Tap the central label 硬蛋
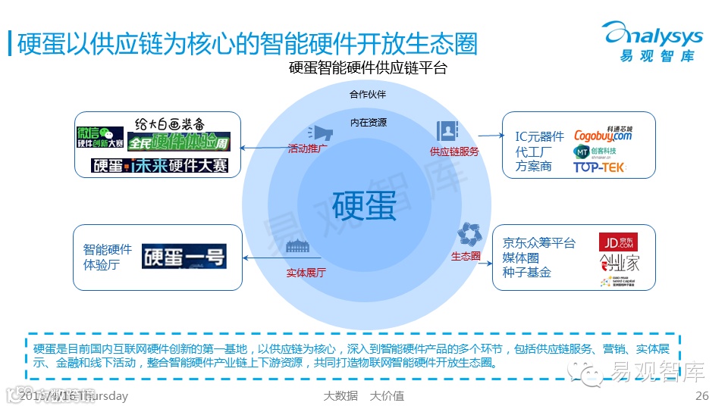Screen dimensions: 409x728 click(x=364, y=205)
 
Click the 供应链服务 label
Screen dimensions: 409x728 click(x=454, y=151)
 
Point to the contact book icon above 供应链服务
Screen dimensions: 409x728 click(x=447, y=131)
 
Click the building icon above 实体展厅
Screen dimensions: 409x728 click(x=298, y=247)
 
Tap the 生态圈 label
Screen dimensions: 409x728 click(x=466, y=256)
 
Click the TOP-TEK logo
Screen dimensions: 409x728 click(x=599, y=167)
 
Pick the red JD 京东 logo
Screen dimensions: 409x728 click(x=618, y=242)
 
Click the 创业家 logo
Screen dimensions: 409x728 click(x=619, y=263)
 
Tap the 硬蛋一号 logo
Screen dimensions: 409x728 click(x=184, y=256)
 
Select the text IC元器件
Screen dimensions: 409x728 click(x=540, y=136)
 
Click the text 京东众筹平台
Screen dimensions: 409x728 click(x=538, y=243)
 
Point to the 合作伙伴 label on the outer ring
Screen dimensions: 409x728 click(x=368, y=95)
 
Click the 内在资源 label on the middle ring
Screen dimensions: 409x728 click(x=368, y=123)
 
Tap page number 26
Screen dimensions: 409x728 click(x=701, y=396)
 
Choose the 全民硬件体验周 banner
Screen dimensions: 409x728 click(x=178, y=142)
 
